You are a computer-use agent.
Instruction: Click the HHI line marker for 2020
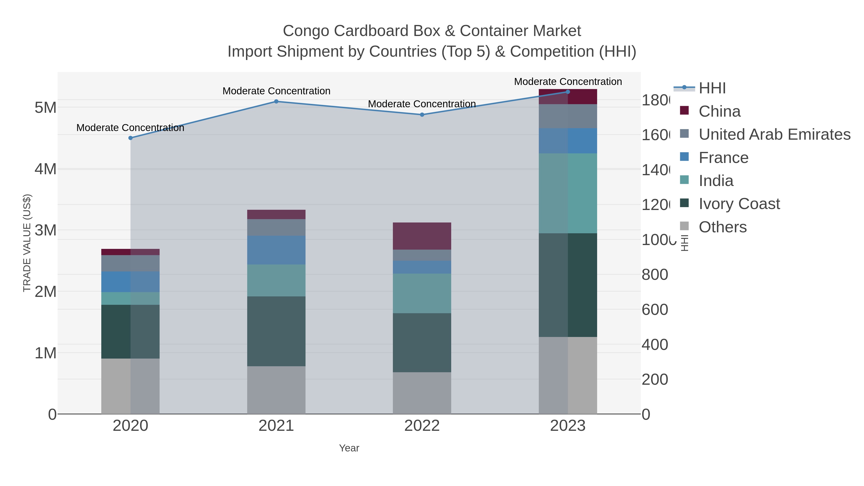tap(131, 138)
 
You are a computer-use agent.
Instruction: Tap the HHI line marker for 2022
tap(422, 115)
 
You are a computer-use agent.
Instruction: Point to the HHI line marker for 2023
tap(568, 92)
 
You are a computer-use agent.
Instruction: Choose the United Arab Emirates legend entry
tap(774, 134)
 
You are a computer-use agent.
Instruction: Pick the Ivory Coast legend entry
tap(739, 204)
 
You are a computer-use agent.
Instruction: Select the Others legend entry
tap(722, 227)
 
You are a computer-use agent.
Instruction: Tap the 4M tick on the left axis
tap(46, 169)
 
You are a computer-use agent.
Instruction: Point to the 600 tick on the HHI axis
tap(654, 310)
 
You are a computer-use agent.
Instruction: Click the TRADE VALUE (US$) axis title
tap(27, 243)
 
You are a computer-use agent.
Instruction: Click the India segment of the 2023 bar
tap(568, 193)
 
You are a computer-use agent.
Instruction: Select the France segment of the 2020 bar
tap(131, 282)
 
